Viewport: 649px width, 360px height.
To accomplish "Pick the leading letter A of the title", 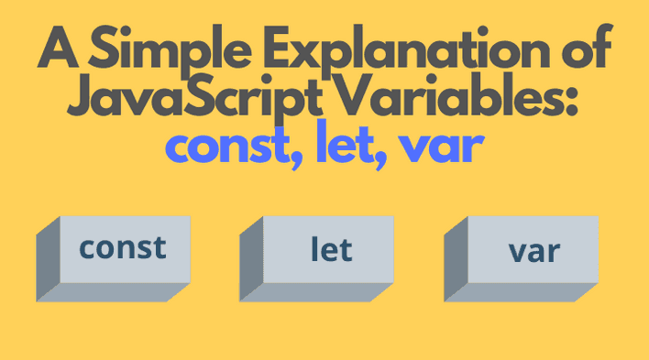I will click(57, 56).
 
